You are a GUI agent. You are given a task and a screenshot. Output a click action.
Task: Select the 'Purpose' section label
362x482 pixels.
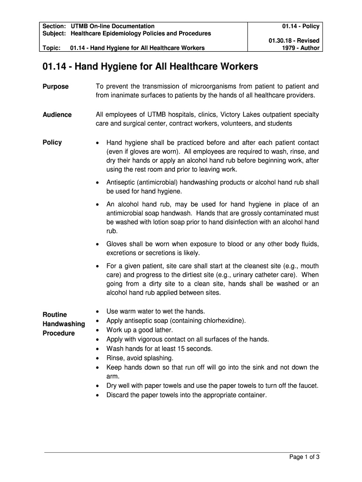pyautogui.click(x=55, y=87)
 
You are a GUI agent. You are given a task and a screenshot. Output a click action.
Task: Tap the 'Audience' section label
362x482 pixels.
pyautogui.click(x=57, y=115)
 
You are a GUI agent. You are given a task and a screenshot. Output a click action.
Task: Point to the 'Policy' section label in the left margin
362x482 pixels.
pyautogui.click(x=52, y=143)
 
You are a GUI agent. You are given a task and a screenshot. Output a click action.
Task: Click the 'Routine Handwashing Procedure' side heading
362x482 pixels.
pyautogui.click(x=63, y=324)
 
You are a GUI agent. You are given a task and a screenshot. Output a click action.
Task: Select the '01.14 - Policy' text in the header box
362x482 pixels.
pyautogui.click(x=301, y=26)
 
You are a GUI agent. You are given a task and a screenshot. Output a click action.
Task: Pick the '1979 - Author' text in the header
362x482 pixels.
pyautogui.click(x=300, y=48)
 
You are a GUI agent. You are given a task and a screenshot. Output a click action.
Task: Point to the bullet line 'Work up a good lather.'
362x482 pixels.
pyautogui.click(x=140, y=330)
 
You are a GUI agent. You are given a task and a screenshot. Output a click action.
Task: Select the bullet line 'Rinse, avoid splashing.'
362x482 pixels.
pyautogui.click(x=140, y=358)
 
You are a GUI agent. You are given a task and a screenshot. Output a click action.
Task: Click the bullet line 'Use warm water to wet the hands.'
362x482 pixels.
pyautogui.click(x=156, y=311)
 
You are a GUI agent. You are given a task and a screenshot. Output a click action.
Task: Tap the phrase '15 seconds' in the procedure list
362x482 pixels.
pyautogui.click(x=196, y=349)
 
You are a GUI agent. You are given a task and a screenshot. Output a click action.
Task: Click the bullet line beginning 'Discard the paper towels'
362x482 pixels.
pyautogui.click(x=187, y=395)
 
